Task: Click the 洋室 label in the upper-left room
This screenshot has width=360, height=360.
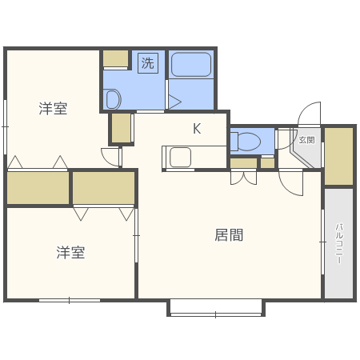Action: pyautogui.click(x=53, y=109)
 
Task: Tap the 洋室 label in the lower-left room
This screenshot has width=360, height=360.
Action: pyautogui.click(x=70, y=253)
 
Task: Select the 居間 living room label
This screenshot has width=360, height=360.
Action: pyautogui.click(x=229, y=235)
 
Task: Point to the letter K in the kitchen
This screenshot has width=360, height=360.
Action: pyautogui.click(x=196, y=128)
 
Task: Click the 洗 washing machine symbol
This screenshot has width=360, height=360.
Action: pyautogui.click(x=147, y=62)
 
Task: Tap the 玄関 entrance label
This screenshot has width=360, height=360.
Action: pyautogui.click(x=306, y=139)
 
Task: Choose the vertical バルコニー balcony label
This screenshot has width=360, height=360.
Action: pyautogui.click(x=338, y=243)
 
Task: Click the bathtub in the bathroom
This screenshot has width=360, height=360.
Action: pyautogui.click(x=191, y=64)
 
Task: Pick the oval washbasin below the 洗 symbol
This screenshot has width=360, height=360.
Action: pyautogui.click(x=112, y=99)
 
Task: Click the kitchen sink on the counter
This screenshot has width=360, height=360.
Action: pyautogui.click(x=179, y=157)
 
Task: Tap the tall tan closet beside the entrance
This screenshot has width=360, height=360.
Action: pyautogui.click(x=338, y=156)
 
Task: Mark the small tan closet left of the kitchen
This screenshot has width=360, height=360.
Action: pyautogui.click(x=121, y=128)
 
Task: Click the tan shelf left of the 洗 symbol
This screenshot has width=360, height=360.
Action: pyautogui.click(x=115, y=58)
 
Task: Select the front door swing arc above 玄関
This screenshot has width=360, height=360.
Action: pyautogui.click(x=309, y=114)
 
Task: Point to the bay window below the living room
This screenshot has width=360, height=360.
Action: pyautogui.click(x=215, y=308)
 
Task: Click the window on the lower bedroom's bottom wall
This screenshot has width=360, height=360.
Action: pyautogui.click(x=70, y=300)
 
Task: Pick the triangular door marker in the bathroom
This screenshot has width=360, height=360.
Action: pyautogui.click(x=174, y=102)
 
